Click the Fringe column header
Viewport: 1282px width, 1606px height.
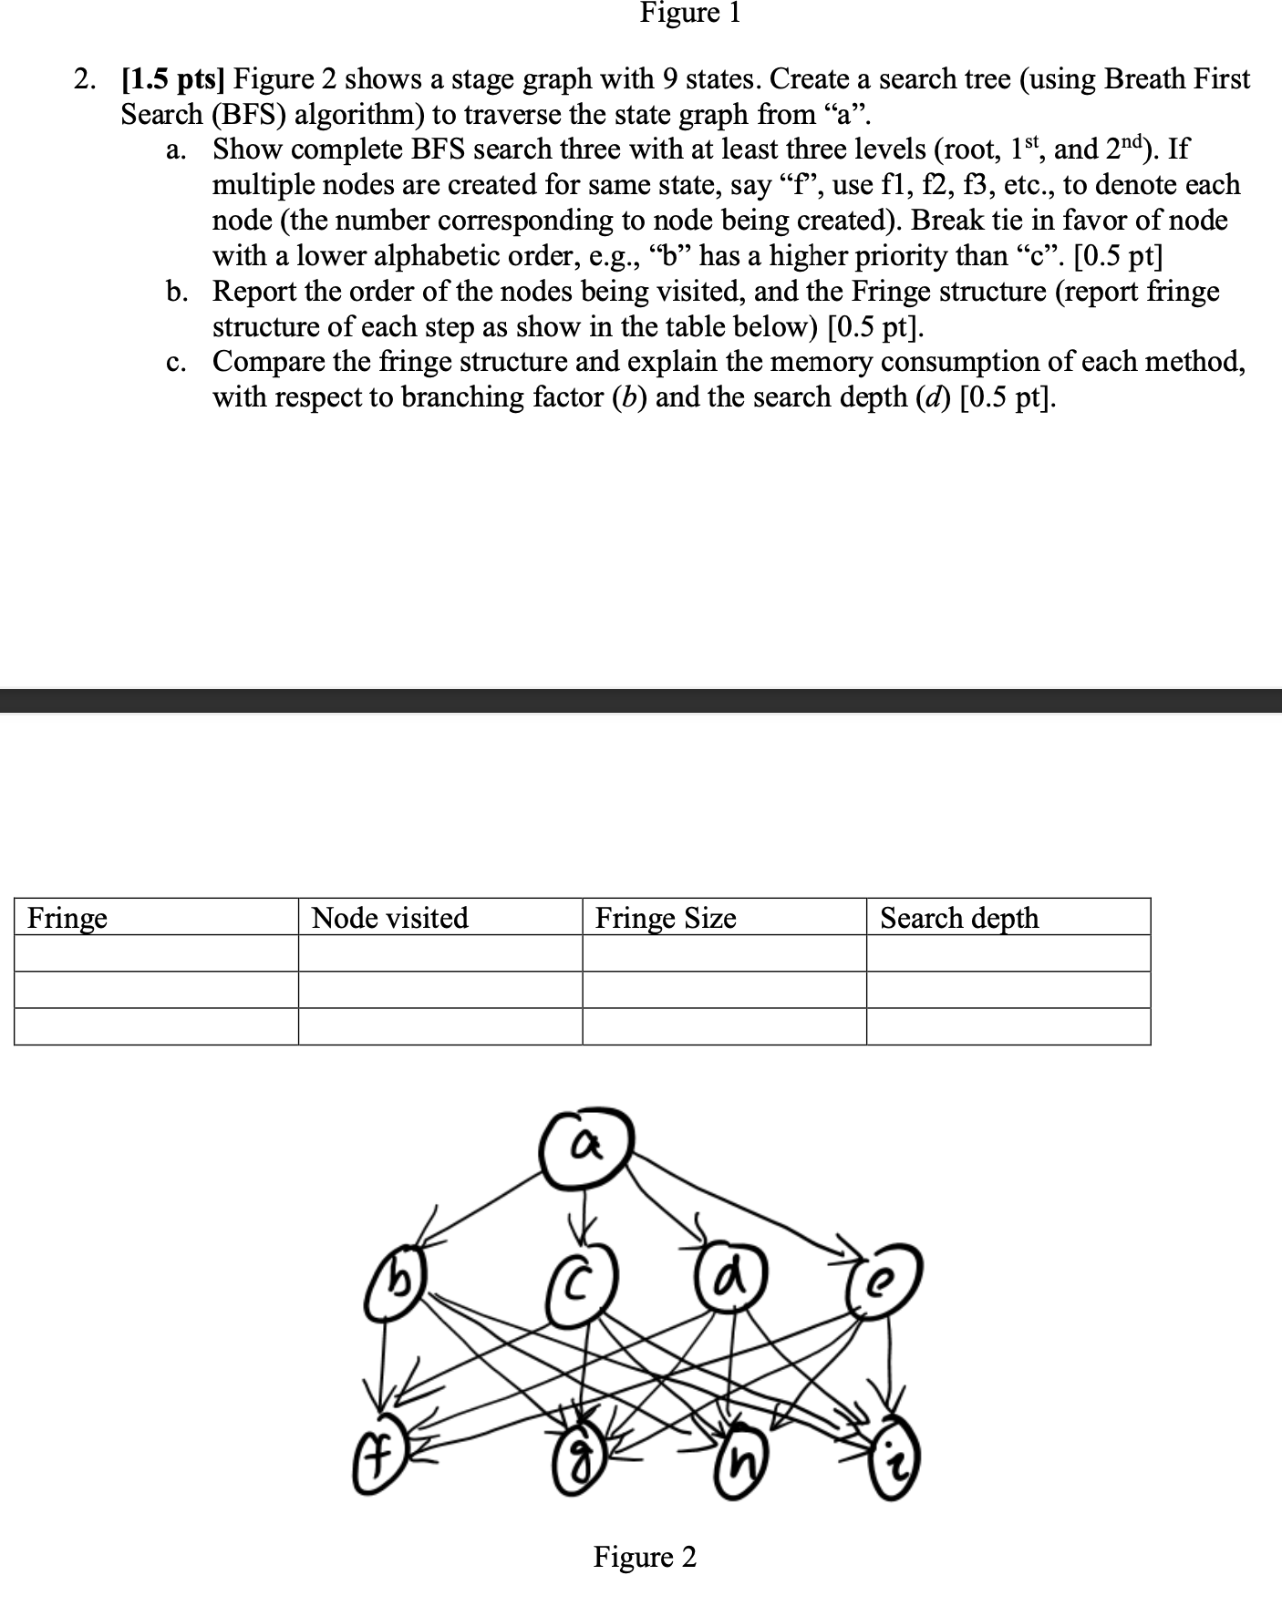click(67, 917)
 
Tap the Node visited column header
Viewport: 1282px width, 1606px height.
click(389, 917)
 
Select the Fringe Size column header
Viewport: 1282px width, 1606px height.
click(666, 917)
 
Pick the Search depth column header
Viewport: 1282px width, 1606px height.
click(958, 917)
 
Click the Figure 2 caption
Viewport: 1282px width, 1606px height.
click(645, 1557)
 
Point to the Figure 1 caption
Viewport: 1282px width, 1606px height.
click(690, 13)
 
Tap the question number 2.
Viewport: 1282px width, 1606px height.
click(84, 79)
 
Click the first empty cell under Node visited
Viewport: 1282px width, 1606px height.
click(439, 953)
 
